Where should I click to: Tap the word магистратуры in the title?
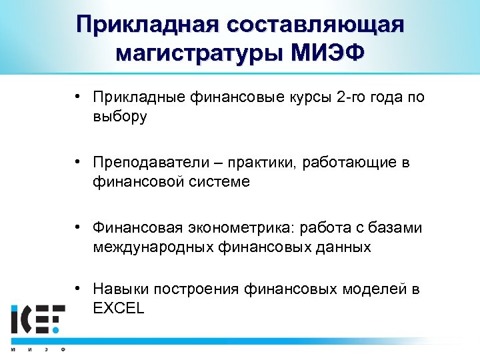pyautogui.click(x=199, y=51)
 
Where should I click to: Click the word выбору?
pyautogui.click(x=120, y=117)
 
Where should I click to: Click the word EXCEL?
pyautogui.click(x=118, y=308)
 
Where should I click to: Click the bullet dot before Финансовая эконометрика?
pyautogui.click(x=78, y=227)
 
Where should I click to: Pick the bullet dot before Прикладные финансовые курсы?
pyautogui.click(x=78, y=97)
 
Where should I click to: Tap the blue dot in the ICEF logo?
pyautogui.click(x=57, y=329)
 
